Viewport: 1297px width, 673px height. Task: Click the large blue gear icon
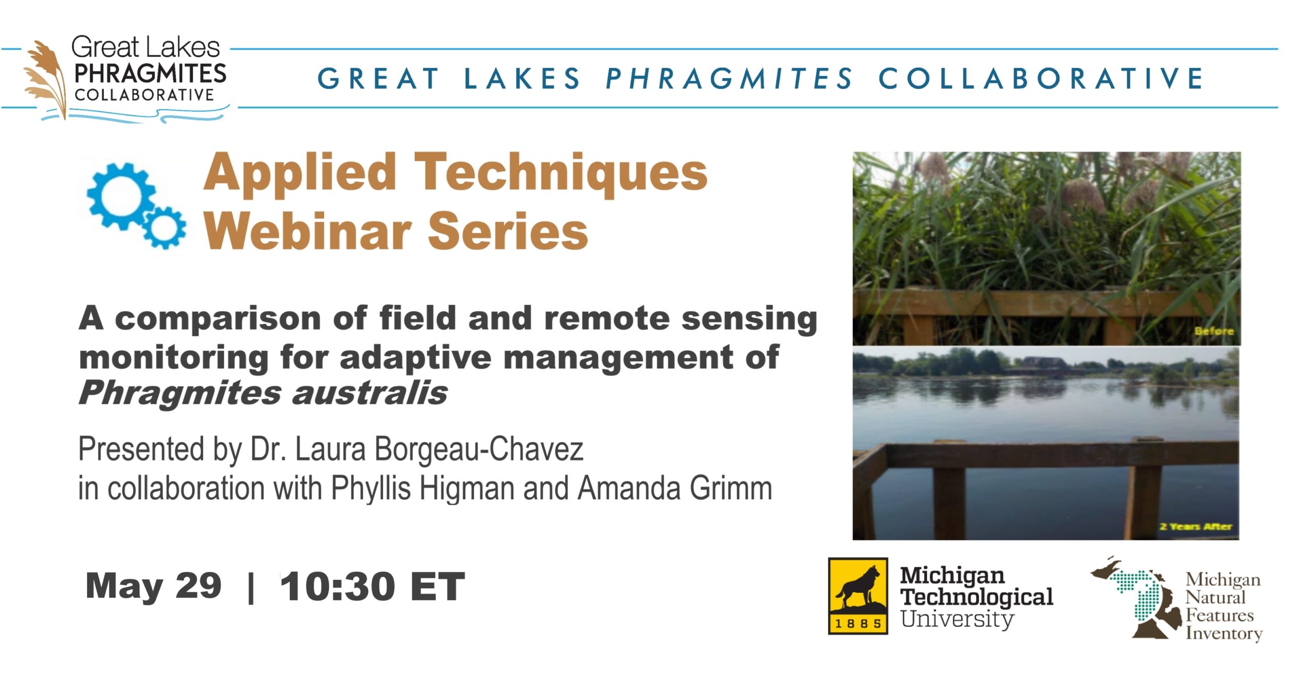(x=120, y=197)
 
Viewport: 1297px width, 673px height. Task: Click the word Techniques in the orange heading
(x=561, y=174)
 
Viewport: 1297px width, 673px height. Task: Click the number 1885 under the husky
(x=858, y=623)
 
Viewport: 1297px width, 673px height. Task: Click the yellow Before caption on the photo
(x=1214, y=331)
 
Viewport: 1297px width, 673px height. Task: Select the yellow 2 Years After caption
(x=1196, y=527)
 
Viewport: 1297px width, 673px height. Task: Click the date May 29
(x=154, y=586)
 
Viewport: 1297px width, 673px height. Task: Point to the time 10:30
(x=337, y=586)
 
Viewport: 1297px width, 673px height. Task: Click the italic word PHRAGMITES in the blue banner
(x=730, y=79)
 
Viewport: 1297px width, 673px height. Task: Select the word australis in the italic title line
(x=370, y=393)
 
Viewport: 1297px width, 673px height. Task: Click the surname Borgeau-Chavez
(x=479, y=449)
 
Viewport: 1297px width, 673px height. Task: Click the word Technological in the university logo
(x=977, y=596)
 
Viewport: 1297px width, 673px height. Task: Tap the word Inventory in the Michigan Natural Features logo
(x=1224, y=634)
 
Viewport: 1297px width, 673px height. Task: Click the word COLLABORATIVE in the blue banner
(x=1041, y=79)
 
